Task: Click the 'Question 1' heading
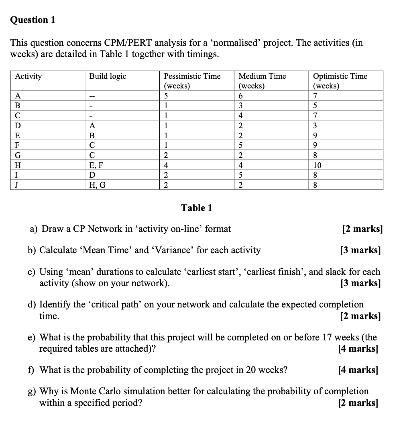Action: coord(33,20)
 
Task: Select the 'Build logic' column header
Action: coord(107,76)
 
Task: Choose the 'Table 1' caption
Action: coord(197,208)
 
